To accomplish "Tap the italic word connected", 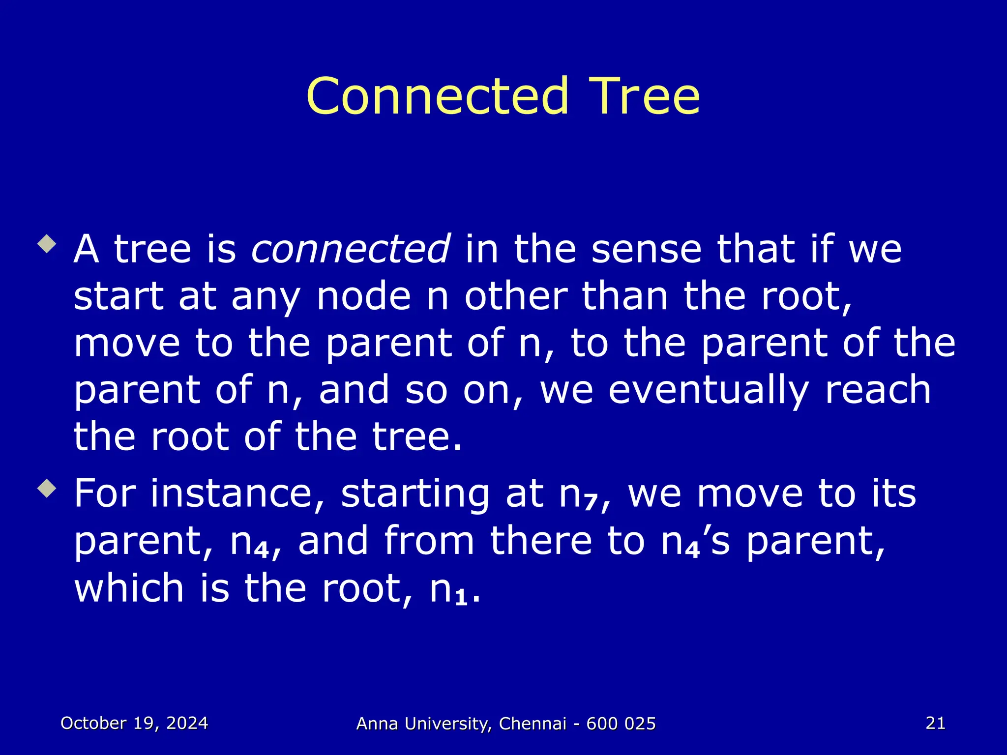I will tap(350, 249).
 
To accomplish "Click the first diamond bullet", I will tap(47, 244).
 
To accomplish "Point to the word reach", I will tap(878, 390).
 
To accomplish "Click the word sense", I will tap(647, 249).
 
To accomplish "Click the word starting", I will tap(415, 494).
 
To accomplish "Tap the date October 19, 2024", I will tap(134, 723).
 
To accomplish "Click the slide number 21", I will tap(935, 723).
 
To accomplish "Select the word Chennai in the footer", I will tap(533, 724).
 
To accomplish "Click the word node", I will tap(364, 296).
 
